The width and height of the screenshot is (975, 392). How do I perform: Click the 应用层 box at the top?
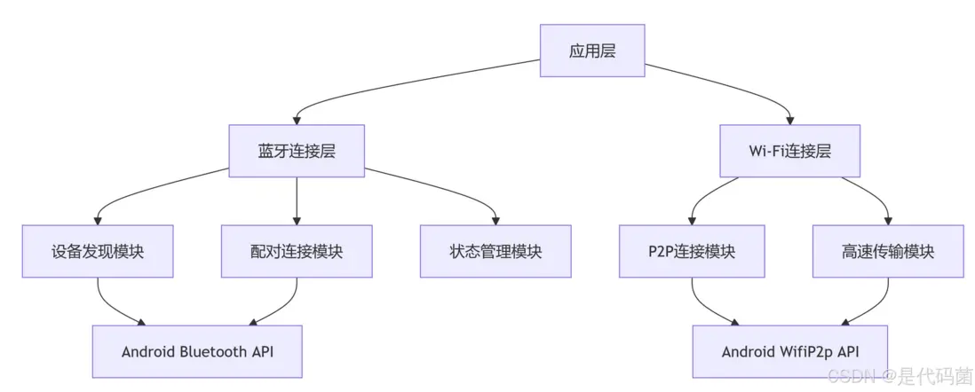592,51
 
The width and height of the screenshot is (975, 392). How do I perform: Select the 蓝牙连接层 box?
297,151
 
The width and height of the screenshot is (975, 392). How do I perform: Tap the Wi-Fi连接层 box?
789,151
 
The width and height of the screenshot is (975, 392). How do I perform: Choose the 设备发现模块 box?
98,251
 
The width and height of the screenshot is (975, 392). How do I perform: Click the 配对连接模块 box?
297,251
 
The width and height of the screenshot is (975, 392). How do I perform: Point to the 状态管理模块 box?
495,251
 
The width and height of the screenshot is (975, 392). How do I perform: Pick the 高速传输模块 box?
888,251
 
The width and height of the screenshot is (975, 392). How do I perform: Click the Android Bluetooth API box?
197,351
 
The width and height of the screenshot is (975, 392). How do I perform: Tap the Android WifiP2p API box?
789,351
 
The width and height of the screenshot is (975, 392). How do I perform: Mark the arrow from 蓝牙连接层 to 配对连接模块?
297,200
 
